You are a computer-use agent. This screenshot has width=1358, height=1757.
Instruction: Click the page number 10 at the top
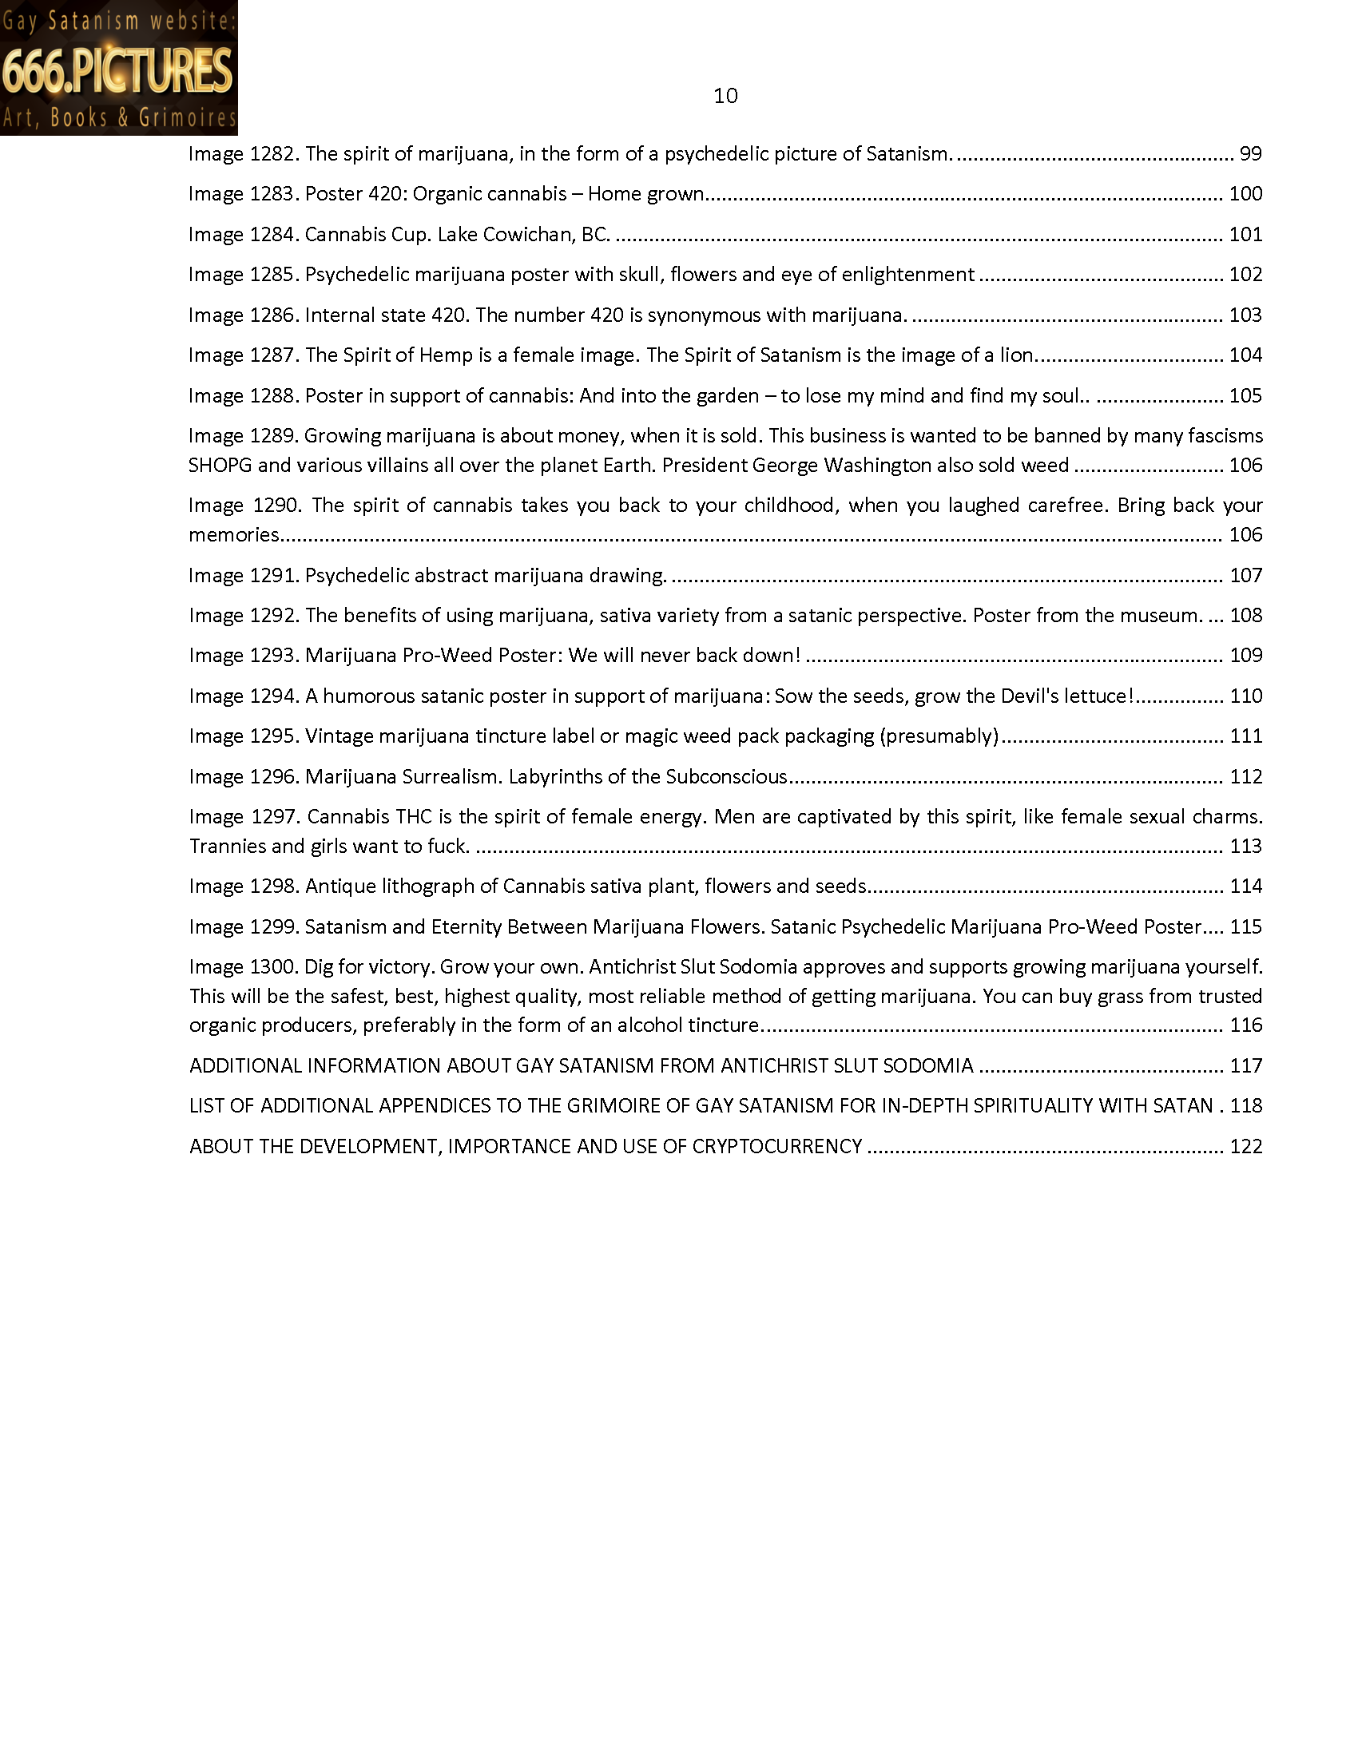coord(725,96)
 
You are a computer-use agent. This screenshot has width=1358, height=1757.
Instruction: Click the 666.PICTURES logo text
coord(117,71)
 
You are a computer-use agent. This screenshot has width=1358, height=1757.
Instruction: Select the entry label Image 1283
coord(244,194)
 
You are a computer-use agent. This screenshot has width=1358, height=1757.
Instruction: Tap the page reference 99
coord(1250,153)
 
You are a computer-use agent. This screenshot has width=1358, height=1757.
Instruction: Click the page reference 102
coord(1245,274)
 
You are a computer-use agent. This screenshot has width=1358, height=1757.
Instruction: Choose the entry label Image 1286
coord(244,315)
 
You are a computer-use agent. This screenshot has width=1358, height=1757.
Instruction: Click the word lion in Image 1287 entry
coord(1017,355)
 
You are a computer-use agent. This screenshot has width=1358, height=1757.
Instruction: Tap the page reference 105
coord(1245,395)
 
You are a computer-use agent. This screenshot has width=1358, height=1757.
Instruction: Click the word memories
coord(233,535)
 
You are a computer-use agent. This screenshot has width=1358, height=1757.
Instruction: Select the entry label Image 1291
coord(244,575)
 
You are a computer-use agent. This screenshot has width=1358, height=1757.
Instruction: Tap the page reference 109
coord(1245,656)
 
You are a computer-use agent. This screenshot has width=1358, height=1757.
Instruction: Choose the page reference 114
coord(1245,886)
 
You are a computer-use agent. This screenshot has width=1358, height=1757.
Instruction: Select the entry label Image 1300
coord(244,966)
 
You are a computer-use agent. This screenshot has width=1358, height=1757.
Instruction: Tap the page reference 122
coord(1245,1145)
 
